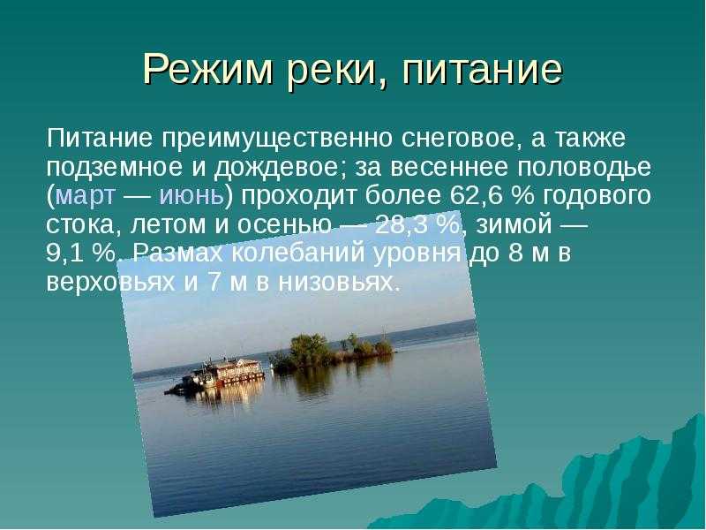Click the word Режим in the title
click(208, 70)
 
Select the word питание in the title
click(482, 70)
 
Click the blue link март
click(86, 197)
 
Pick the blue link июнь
click(192, 196)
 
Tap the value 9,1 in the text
click(66, 254)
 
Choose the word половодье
click(584, 169)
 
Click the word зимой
click(514, 224)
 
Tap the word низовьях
click(339, 282)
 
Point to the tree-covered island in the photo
click(334, 351)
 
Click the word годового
click(597, 196)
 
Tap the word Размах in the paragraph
click(178, 254)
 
